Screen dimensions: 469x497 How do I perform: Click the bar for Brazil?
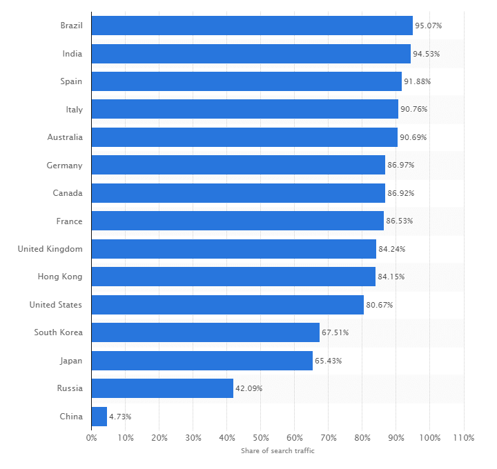coord(252,26)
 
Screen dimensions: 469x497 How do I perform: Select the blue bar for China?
coord(99,417)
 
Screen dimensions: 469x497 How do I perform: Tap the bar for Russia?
coord(162,388)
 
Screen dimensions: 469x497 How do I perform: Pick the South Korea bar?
coord(206,332)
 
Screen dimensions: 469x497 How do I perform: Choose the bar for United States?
coord(228,305)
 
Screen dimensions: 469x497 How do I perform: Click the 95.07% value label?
coord(428,26)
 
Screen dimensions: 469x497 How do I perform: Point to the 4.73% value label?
coord(120,417)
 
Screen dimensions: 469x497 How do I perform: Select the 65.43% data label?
coord(328,361)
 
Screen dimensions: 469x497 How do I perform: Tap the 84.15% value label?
coord(391,277)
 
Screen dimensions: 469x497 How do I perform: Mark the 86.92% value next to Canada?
coord(400,193)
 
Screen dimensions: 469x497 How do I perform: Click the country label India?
coord(72,54)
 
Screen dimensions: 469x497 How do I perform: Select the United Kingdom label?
coord(50,249)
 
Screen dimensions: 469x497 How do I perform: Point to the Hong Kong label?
coord(60,277)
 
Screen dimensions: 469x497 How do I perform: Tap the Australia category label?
coord(65,137)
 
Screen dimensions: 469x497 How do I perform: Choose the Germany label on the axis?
coord(65,166)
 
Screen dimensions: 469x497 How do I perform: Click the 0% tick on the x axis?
coord(91,437)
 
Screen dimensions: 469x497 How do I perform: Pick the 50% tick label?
coord(260,437)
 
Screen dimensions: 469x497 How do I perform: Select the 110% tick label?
coord(463,437)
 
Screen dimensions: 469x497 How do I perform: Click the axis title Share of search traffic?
coord(277,450)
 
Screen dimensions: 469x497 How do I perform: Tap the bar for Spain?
coord(246,81)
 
